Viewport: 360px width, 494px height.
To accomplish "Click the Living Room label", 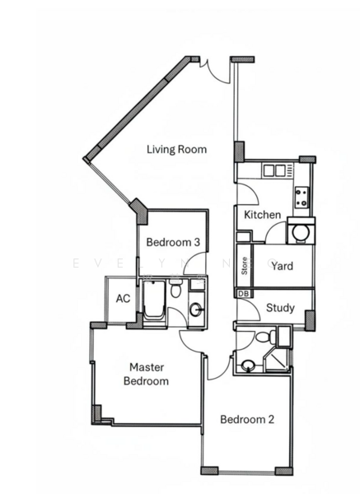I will [176, 150].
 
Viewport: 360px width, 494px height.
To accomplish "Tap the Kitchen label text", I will [263, 215].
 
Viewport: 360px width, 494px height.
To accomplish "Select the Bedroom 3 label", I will [173, 243].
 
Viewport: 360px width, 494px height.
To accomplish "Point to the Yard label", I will [283, 266].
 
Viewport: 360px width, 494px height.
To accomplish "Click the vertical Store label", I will [245, 266].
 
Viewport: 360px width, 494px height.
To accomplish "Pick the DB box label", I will [244, 293].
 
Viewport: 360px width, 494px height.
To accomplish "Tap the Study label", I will [281, 309].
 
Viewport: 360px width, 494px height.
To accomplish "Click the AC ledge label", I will [122, 298].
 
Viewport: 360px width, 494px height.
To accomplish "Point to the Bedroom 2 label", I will [247, 419].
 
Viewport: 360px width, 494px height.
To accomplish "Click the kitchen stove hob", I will [302, 198].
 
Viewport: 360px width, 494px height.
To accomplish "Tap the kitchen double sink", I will [274, 170].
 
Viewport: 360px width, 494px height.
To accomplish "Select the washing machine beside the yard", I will [301, 231].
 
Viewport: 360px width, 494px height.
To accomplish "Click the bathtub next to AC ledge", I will [154, 302].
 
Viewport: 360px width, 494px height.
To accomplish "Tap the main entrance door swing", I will [214, 72].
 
